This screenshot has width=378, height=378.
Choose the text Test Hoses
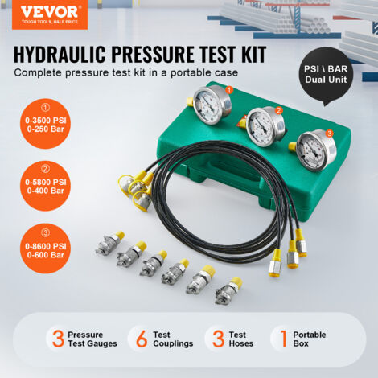[x=239, y=339]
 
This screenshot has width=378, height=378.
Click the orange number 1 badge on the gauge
[x=229, y=91]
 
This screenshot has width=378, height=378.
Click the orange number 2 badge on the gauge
[x=279, y=110]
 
